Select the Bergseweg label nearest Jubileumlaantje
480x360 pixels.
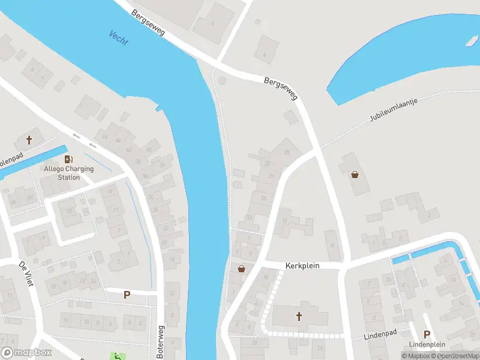tap(280, 88)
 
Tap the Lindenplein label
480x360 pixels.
tap(427, 344)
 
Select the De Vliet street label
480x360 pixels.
tap(24, 274)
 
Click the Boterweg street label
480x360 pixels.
tap(160, 342)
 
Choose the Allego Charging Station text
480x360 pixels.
tap(70, 173)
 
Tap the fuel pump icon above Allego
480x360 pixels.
tap(69, 159)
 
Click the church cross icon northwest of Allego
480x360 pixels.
tap(29, 140)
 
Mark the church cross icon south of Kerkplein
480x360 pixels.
tap(299, 316)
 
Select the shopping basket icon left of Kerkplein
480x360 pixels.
tap(241, 268)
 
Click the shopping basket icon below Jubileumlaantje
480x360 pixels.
tap(355, 175)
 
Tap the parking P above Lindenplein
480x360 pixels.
tap(427, 334)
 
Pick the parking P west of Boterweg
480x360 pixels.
tap(127, 294)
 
